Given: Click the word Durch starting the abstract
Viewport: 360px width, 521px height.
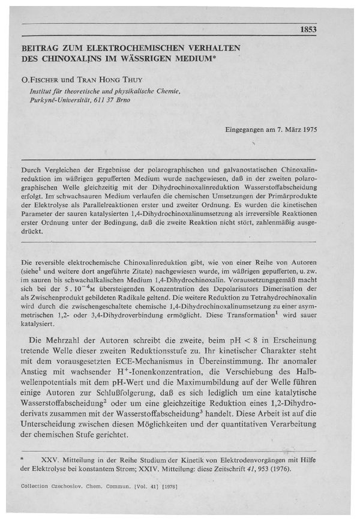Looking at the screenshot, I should [x=31, y=171].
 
